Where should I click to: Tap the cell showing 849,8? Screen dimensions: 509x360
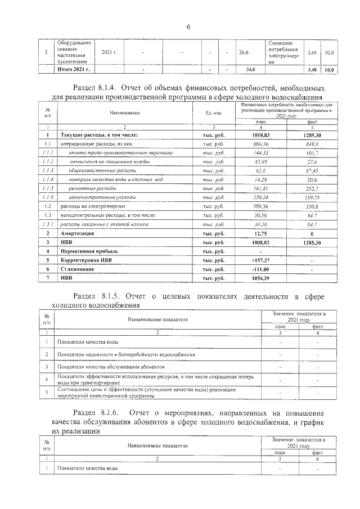[310, 144]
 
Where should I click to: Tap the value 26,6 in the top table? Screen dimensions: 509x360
[244, 52]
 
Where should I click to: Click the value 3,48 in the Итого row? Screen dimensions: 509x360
[313, 70]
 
